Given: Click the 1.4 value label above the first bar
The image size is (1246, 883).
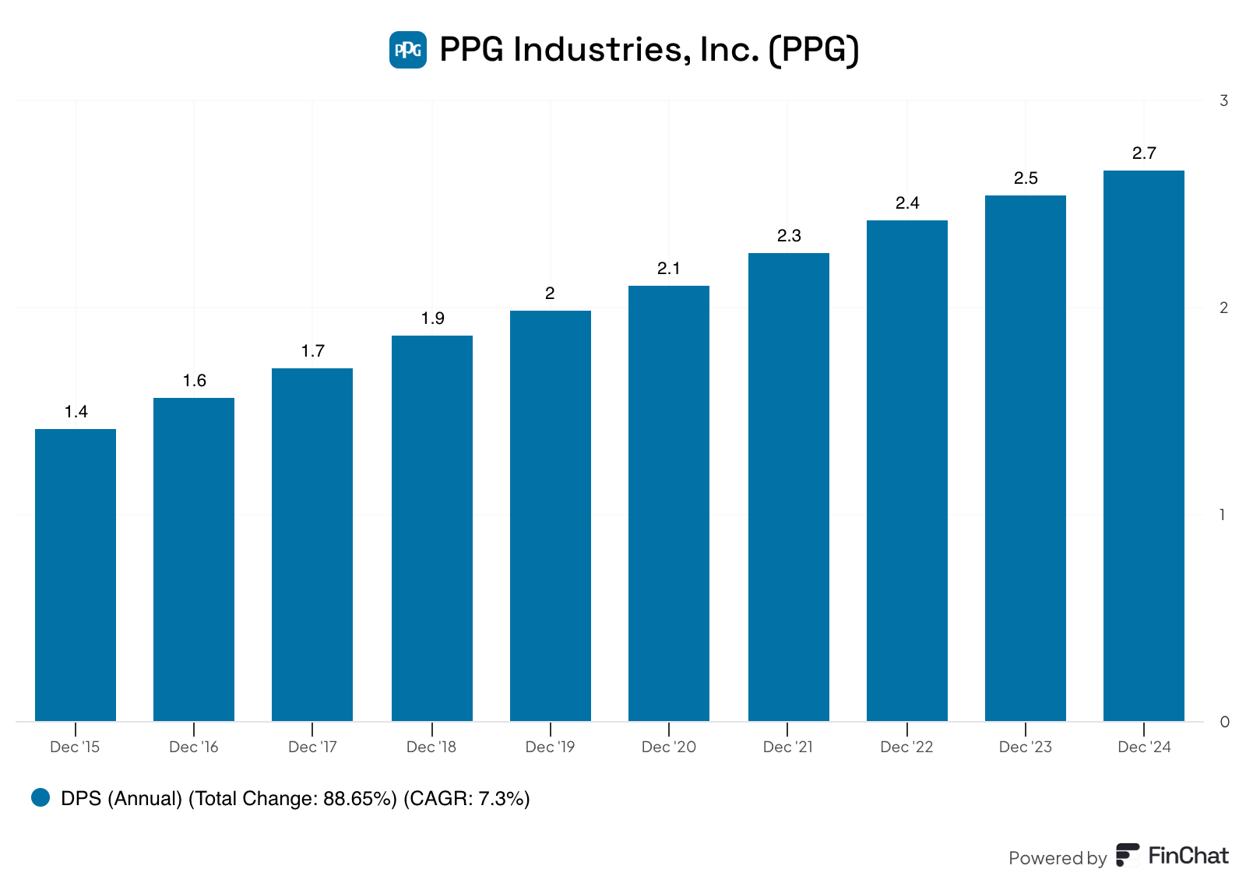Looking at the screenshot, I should point(76,412).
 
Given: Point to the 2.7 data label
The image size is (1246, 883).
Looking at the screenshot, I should point(1144,153).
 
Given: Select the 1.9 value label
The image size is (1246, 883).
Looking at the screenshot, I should point(433,318).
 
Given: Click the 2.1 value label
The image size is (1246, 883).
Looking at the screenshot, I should point(669,269).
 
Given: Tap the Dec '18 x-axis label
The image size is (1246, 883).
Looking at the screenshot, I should point(431,747).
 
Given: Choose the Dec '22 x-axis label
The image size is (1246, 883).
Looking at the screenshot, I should point(906,747).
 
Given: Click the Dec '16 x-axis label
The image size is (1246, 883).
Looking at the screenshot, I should point(194,747).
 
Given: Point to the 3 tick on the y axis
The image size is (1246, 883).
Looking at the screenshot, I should point(1224,100).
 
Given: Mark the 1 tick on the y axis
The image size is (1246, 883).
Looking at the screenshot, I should point(1223,515).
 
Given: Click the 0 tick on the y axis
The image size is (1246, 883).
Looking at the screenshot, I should point(1225,722).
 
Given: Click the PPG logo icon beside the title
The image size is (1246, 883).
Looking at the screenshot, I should point(408,50).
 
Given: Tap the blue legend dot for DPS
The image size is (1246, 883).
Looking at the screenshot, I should point(40,797).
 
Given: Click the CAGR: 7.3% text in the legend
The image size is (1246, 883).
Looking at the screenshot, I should point(466,799).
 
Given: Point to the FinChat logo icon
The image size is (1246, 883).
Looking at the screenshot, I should point(1128,855).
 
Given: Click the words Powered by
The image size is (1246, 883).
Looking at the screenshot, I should point(1057,858).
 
